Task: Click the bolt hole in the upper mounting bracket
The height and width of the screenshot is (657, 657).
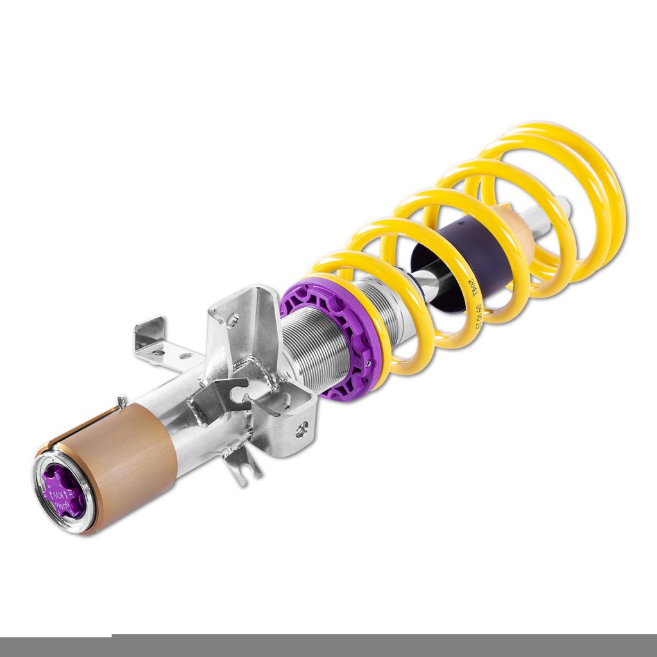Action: click(232, 317)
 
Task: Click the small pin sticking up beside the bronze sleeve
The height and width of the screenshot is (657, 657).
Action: click(120, 402)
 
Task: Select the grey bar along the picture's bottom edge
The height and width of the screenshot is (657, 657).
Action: click(385, 645)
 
